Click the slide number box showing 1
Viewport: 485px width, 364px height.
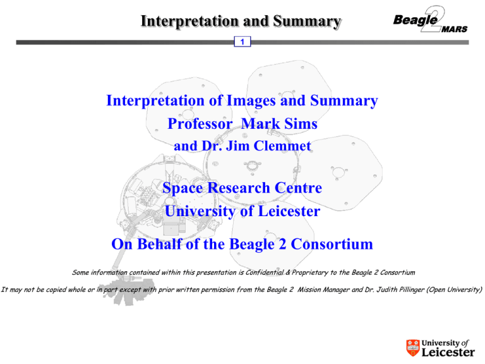pyautogui.click(x=242, y=42)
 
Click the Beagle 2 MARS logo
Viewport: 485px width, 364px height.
pyautogui.click(x=430, y=19)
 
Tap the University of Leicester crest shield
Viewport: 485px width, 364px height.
pyautogui.click(x=412, y=348)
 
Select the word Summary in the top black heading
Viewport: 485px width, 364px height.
pyautogui.click(x=307, y=21)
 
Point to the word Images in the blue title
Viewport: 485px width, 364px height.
pyautogui.click(x=251, y=100)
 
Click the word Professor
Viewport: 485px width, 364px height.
pyautogui.click(x=200, y=123)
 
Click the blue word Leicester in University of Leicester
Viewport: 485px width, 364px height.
pyautogui.click(x=289, y=211)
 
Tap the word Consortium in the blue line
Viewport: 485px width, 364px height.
pyautogui.click(x=332, y=244)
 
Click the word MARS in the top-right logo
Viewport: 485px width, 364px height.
pyautogui.click(x=455, y=30)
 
